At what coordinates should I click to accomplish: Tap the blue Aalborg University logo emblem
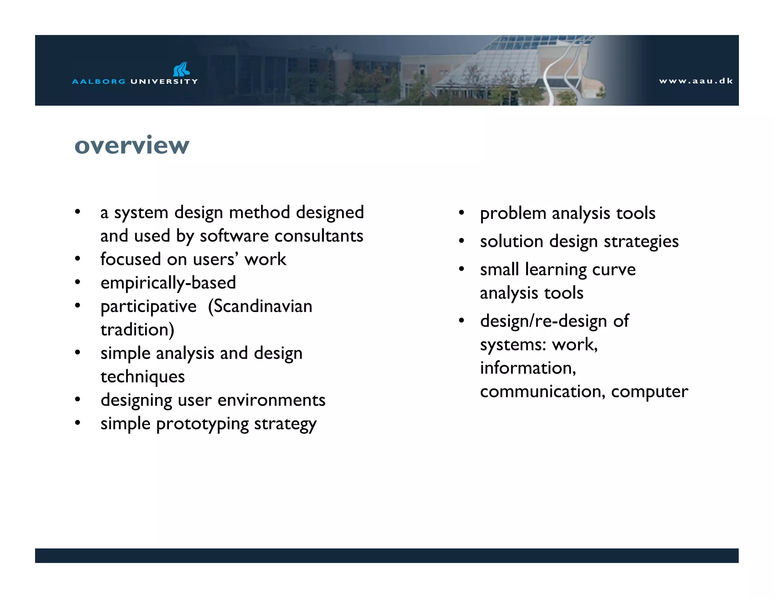(181, 69)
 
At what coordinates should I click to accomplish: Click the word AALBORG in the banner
(98, 81)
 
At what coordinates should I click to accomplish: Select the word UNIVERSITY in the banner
(164, 81)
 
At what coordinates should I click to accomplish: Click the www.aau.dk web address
(695, 81)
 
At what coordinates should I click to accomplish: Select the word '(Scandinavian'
(260, 306)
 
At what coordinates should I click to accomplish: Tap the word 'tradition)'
(137, 330)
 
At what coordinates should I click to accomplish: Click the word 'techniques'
(142, 376)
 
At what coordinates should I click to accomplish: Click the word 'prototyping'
(202, 424)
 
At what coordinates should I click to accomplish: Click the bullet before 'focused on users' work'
(77, 259)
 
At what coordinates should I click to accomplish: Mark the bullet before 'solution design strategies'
(461, 241)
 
